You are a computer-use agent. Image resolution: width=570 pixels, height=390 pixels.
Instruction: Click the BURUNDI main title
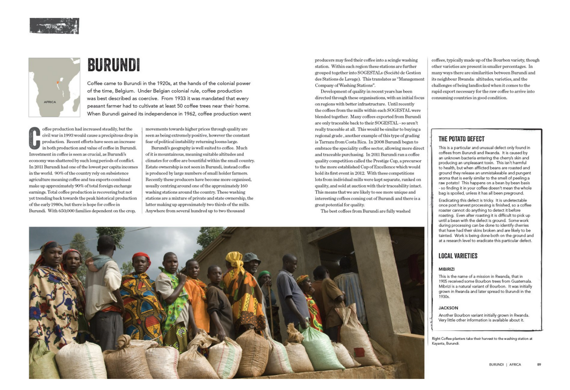[114, 65]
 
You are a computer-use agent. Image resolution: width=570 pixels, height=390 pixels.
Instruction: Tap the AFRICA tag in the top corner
[54, 26]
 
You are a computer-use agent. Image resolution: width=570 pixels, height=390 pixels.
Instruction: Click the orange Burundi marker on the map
[58, 82]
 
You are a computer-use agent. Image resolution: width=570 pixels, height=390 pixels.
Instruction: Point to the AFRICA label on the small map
[50, 102]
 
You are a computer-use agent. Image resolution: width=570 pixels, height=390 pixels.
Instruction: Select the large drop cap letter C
[35, 138]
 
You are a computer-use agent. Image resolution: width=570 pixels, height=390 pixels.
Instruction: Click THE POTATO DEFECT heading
[461, 139]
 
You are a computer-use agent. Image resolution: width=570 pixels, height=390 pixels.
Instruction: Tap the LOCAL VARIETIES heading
[458, 256]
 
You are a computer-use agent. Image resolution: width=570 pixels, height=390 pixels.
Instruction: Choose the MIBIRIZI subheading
[446, 269]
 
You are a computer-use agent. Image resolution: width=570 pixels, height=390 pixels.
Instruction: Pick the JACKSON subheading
[448, 308]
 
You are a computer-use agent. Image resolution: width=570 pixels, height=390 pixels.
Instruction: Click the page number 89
[539, 365]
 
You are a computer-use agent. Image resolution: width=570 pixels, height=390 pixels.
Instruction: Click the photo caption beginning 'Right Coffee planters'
[482, 341]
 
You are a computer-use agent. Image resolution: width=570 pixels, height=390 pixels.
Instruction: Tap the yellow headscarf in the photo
[234, 260]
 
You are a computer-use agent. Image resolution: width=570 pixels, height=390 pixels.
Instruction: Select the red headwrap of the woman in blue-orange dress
[141, 257]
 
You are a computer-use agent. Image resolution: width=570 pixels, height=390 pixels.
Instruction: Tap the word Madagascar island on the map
[76, 105]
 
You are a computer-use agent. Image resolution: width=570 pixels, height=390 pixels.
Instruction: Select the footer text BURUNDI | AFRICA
[505, 365]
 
